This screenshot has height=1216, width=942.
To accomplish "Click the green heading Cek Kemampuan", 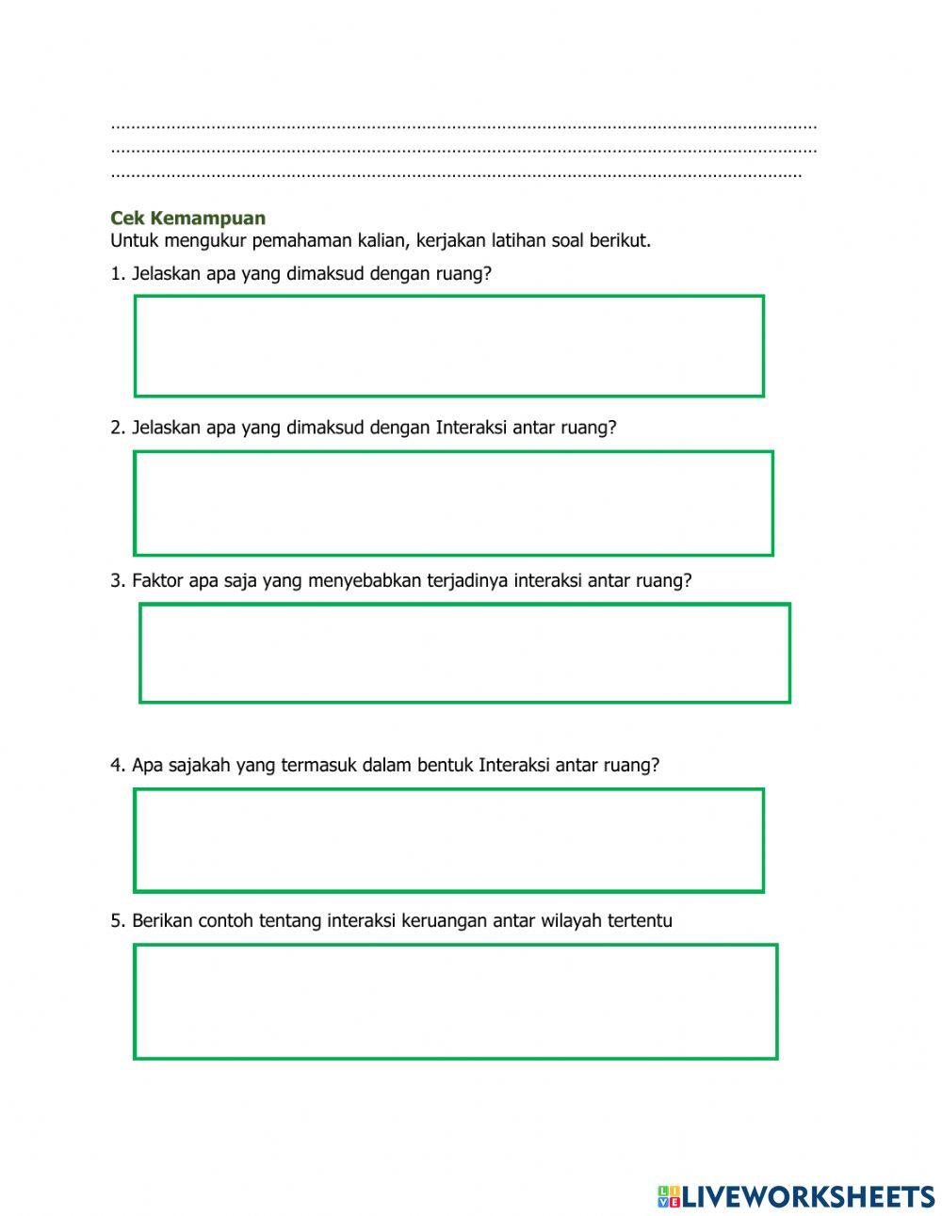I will tap(187, 219).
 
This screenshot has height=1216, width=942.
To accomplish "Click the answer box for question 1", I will tap(448, 346).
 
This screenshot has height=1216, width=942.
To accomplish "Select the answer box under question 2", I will tap(453, 503).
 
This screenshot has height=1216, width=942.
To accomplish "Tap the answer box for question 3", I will tap(464, 654).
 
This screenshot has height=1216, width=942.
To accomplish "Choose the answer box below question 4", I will tap(448, 840).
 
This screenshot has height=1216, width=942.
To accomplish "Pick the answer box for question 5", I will tap(455, 1001).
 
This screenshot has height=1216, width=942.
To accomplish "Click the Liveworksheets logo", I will tap(796, 1196).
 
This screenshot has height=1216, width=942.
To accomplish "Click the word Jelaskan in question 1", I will tap(166, 274).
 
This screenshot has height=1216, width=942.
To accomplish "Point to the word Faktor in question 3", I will tap(157, 581).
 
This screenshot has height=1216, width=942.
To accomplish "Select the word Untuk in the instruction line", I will tap(132, 240).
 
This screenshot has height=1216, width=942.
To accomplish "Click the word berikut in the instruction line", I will tap(619, 240).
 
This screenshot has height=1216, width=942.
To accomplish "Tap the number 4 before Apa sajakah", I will tap(116, 766).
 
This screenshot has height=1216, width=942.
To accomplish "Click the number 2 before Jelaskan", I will tap(116, 428).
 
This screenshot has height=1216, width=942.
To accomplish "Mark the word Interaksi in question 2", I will tap(471, 428).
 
